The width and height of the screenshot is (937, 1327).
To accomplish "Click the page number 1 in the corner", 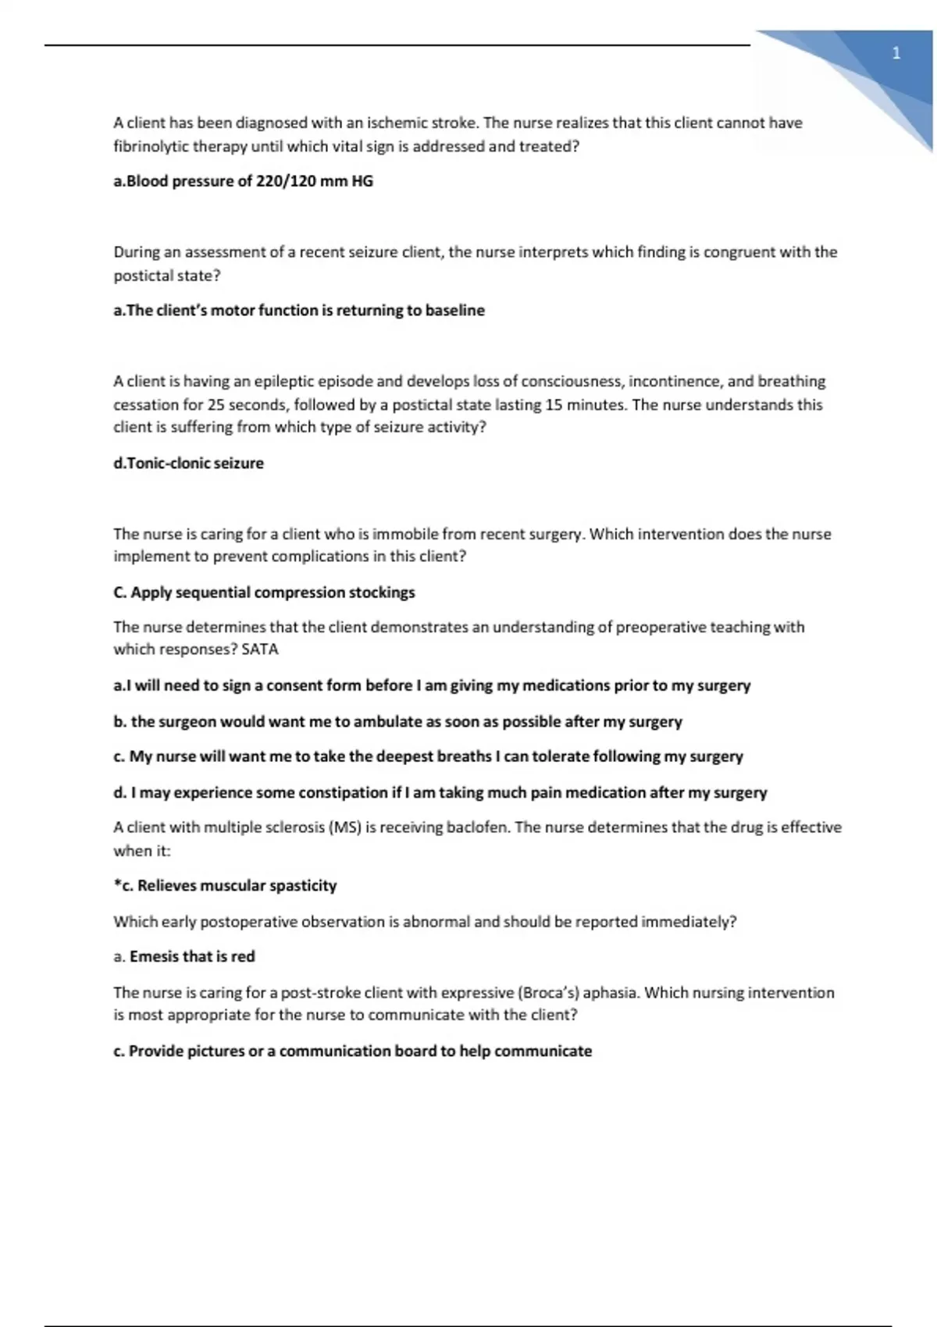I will coord(896,53).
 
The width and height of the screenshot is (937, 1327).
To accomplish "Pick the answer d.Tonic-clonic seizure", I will coord(188,464).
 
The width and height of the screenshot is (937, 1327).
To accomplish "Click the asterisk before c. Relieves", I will coord(117,884).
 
